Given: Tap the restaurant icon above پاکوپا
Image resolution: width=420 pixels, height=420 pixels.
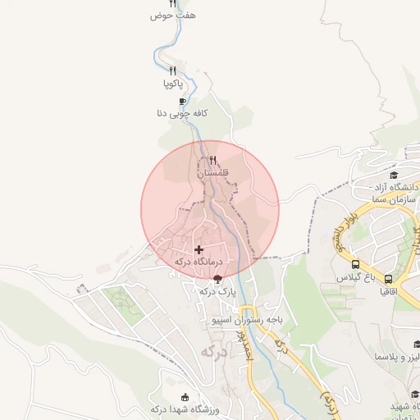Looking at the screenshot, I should (173, 71).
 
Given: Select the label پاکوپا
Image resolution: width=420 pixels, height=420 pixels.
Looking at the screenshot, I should (173, 84).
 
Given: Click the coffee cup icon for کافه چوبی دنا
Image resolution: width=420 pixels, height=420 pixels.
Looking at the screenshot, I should (182, 101).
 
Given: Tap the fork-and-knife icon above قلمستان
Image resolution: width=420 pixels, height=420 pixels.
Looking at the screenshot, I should (213, 160).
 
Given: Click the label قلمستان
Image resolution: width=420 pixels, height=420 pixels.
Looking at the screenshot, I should (212, 173).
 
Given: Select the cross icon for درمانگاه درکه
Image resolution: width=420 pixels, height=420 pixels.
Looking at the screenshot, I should (199, 249).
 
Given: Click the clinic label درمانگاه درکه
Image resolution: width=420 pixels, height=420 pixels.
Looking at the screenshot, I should (199, 262).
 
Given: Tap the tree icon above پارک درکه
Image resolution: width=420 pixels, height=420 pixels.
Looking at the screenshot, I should (217, 279).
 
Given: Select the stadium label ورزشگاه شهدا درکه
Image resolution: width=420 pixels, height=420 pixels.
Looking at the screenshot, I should (184, 409).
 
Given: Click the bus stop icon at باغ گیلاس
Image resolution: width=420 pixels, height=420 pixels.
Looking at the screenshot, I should (355, 265).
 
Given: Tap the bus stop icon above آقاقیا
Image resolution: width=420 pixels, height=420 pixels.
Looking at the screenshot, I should (388, 278).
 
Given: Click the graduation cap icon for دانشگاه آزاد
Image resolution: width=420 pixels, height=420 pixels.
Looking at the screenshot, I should (394, 176).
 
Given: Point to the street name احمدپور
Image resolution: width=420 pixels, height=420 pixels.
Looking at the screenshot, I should (243, 345).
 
